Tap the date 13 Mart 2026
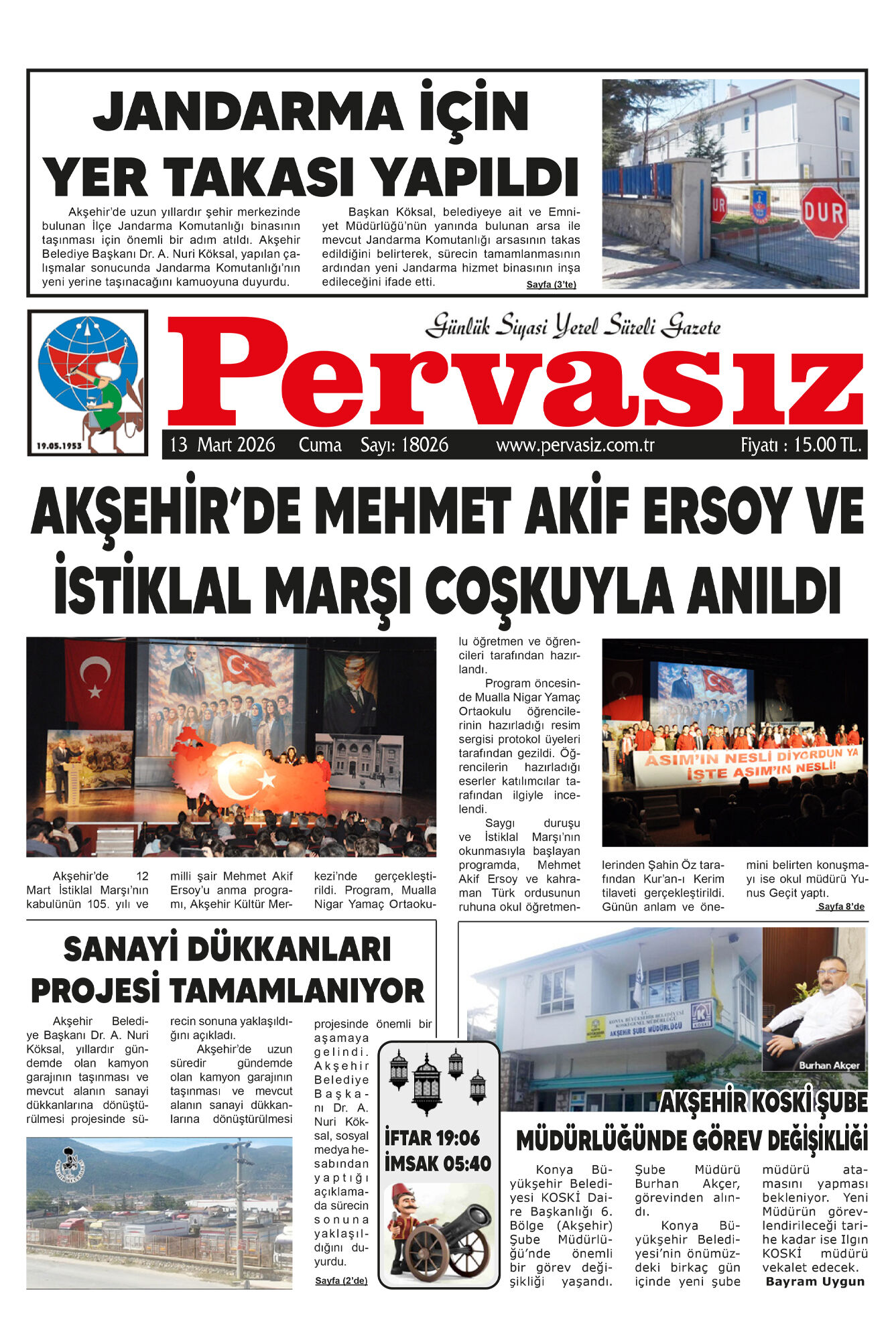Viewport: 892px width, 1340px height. pyautogui.click(x=222, y=445)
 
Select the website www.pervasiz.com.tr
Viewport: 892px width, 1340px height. pyautogui.click(x=575, y=445)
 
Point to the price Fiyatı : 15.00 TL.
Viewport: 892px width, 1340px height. pyautogui.click(x=800, y=445)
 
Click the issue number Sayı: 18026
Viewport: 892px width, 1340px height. pyautogui.click(x=404, y=445)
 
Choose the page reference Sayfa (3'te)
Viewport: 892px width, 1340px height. pyautogui.click(x=551, y=284)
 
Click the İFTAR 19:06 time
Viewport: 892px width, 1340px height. pyautogui.click(x=432, y=1138)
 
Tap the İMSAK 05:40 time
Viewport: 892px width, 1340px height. pyautogui.click(x=438, y=1164)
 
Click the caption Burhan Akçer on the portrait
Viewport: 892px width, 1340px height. pyautogui.click(x=829, y=1065)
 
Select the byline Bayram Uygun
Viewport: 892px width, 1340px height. pyautogui.click(x=815, y=1281)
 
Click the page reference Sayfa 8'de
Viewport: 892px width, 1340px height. pyautogui.click(x=841, y=907)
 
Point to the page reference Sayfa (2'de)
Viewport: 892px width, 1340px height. pyautogui.click(x=341, y=1280)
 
